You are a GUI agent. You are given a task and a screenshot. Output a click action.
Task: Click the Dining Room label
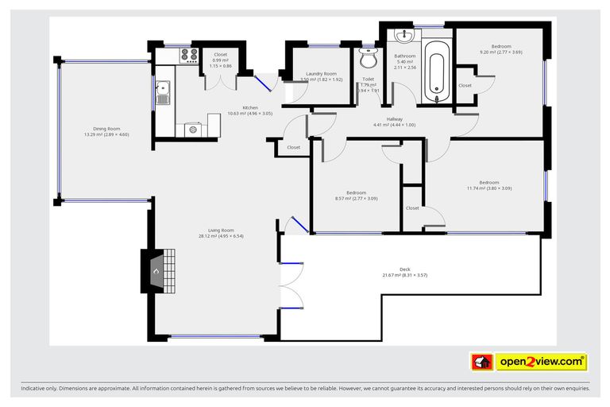pos(106,129)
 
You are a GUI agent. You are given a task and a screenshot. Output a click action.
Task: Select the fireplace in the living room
pos(157,269)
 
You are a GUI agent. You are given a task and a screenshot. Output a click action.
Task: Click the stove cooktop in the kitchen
pos(190,56)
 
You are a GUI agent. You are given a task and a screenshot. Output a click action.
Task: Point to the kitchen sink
pos(163,94)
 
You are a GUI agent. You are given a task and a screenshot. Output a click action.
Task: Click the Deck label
pos(405,269)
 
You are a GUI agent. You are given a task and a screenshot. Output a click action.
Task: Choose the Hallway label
pos(394,119)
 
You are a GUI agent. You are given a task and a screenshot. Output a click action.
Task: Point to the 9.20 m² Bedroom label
pos(500,46)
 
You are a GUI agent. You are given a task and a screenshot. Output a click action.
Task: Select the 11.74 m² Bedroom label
pos(488,182)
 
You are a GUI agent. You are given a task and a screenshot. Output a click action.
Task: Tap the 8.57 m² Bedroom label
pos(350,192)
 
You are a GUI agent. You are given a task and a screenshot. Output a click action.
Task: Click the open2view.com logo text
pos(541,362)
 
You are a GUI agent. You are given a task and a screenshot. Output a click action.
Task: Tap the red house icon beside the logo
pos(481,362)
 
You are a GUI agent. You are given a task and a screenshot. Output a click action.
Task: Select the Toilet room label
pos(368,79)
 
